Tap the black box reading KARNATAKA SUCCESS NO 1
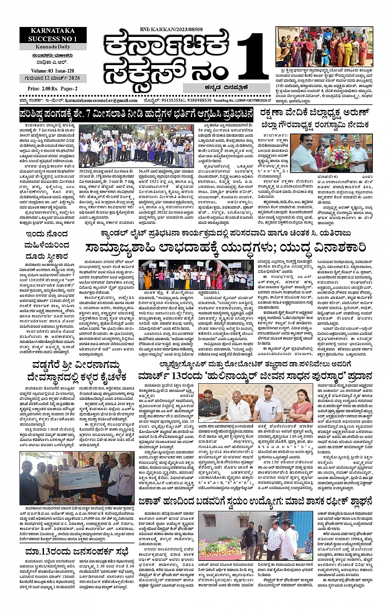point(53,35)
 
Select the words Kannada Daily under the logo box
point(53,47)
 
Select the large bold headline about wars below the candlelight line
point(226,248)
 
